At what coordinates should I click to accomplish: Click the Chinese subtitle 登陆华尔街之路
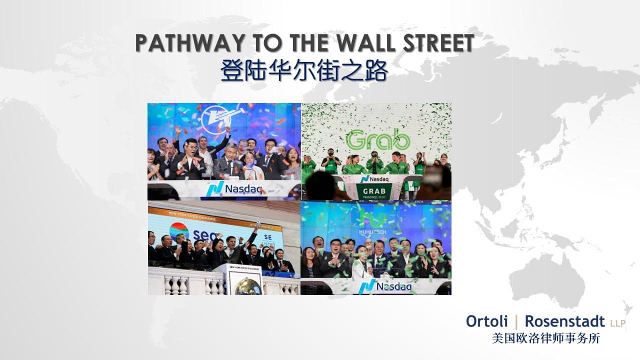click(304, 71)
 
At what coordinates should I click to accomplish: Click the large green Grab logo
click(378, 140)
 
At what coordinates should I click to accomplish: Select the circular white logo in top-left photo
click(213, 120)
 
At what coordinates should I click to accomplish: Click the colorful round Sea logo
click(179, 231)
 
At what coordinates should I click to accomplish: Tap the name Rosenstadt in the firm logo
click(565, 322)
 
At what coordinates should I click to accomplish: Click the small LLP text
click(617, 324)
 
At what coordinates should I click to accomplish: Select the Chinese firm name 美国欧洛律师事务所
click(546, 338)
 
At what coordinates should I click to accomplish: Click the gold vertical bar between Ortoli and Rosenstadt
click(515, 321)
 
